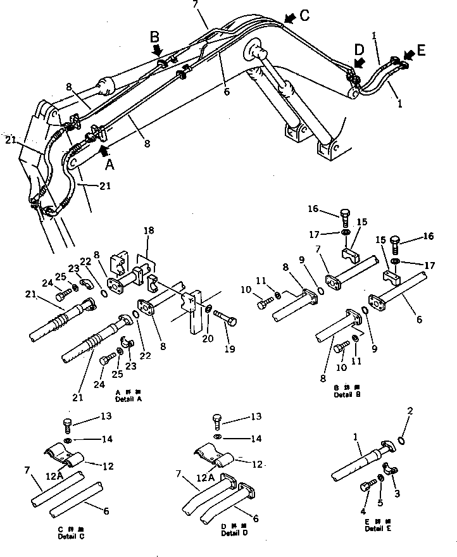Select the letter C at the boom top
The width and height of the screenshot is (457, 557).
(x=304, y=16)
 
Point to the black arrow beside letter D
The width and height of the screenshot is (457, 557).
(x=359, y=62)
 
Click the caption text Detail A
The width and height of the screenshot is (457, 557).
(x=129, y=399)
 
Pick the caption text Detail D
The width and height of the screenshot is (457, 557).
(x=234, y=533)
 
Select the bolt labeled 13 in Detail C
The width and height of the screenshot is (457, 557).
(x=68, y=424)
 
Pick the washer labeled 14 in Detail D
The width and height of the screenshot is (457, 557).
(x=216, y=437)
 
